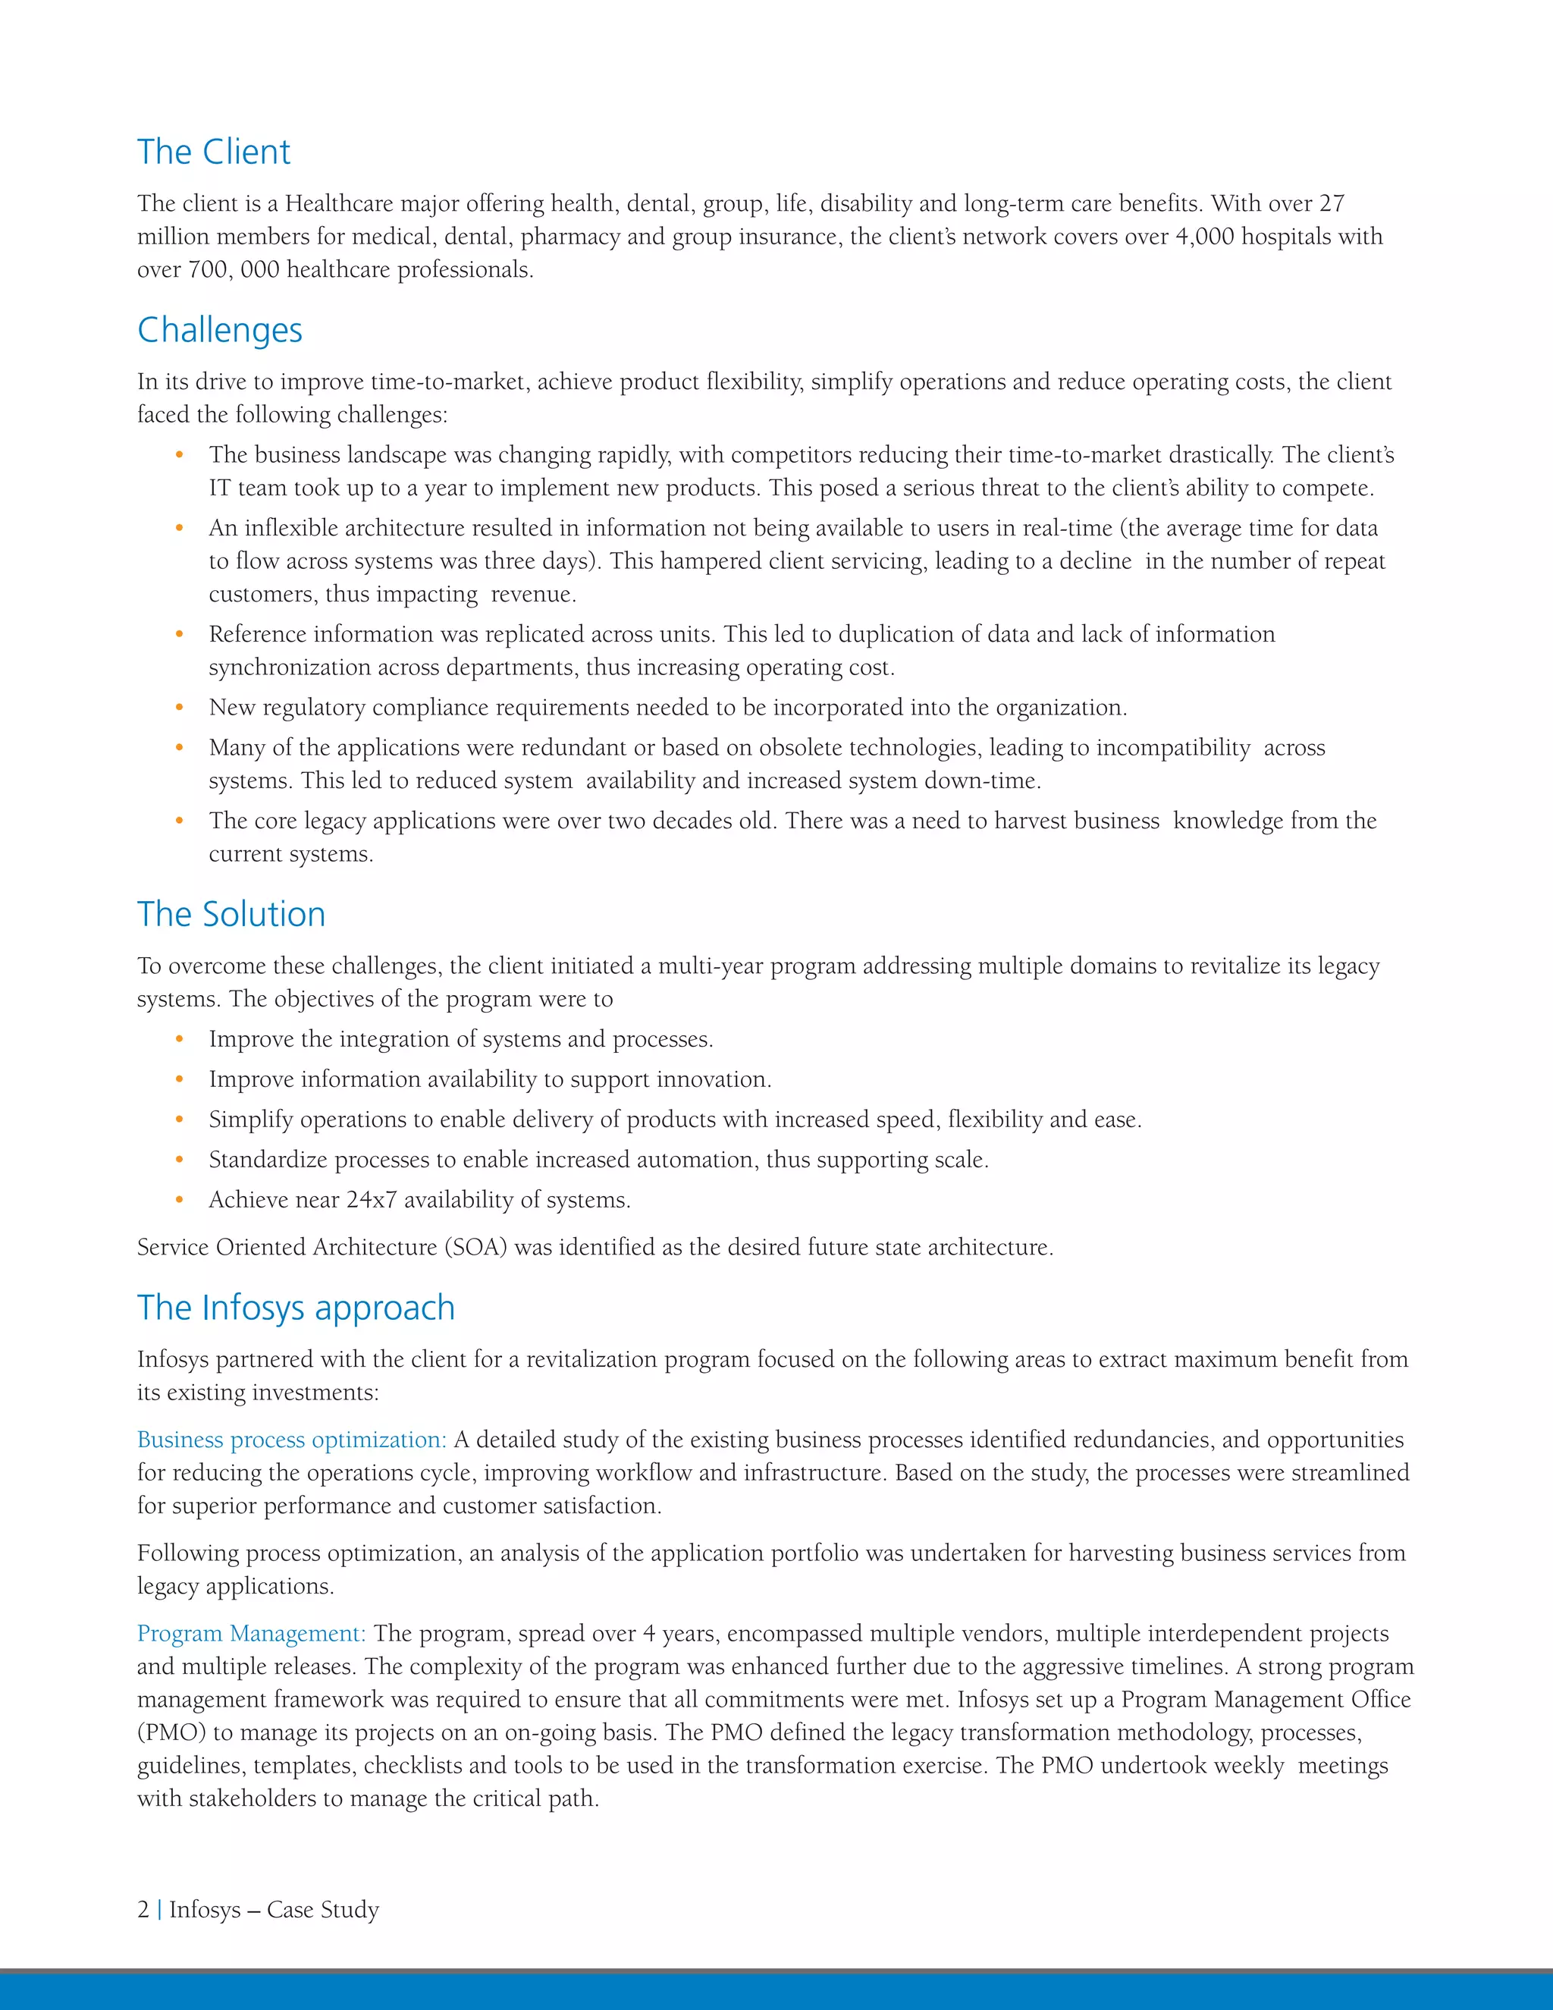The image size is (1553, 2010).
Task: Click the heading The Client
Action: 213,152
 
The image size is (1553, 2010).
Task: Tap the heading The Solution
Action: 231,915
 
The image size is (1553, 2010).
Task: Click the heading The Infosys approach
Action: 295,1308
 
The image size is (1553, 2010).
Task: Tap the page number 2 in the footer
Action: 143,1910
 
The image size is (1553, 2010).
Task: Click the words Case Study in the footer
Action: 323,1910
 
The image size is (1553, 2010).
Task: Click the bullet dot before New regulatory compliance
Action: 180,708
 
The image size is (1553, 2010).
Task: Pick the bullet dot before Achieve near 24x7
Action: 180,1200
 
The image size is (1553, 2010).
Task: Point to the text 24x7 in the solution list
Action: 371,1200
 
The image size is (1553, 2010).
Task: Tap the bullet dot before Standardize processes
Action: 180,1160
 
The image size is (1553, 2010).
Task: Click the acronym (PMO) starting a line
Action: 172,1732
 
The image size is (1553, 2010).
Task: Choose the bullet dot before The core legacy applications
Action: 180,821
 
